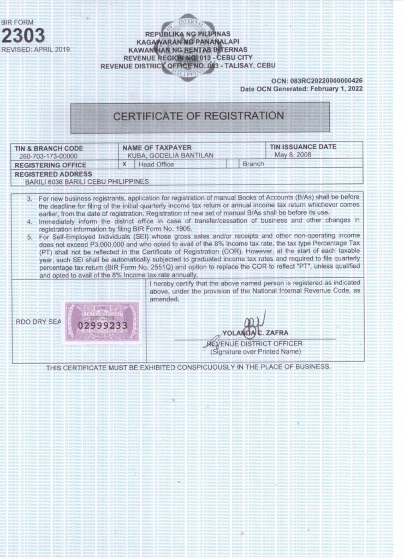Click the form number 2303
pyautogui.click(x=23, y=35)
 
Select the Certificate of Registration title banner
pyautogui.click(x=198, y=116)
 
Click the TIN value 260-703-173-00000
pyautogui.click(x=45, y=156)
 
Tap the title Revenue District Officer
pyautogui.click(x=256, y=343)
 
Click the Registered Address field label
pyautogui.click(x=50, y=173)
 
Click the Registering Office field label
pyautogui.click(x=50, y=164)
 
